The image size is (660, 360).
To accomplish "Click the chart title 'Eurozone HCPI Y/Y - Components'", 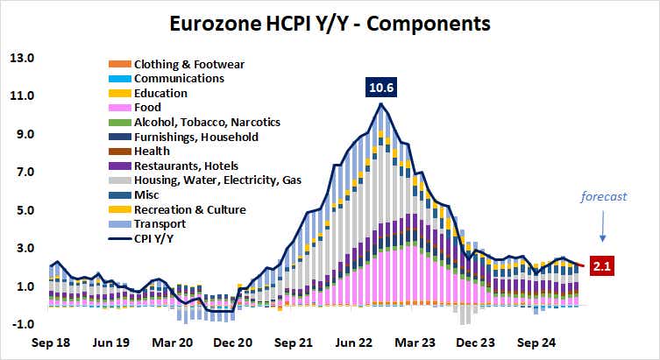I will click(330, 19).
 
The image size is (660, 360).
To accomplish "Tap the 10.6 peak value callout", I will click(380, 88).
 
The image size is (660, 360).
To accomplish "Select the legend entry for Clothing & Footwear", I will click(188, 64).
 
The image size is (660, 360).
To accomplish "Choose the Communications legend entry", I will click(179, 78).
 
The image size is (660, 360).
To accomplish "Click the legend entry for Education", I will click(160, 93).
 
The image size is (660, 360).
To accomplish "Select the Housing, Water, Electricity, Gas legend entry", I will click(216, 180).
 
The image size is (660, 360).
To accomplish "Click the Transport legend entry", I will click(160, 224).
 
